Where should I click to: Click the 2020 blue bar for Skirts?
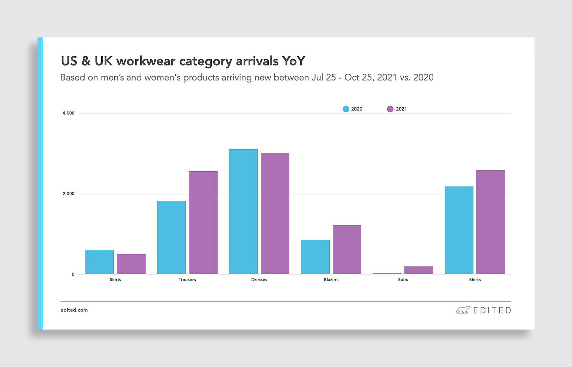tap(100, 262)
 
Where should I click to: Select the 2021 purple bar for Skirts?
tap(131, 264)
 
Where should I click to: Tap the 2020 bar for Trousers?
tap(171, 237)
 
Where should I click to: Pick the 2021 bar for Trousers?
tap(203, 222)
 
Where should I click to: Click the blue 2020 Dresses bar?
tap(243, 212)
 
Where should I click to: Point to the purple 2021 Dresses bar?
tap(275, 213)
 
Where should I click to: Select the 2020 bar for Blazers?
tap(315, 257)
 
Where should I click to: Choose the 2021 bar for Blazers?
tap(347, 249)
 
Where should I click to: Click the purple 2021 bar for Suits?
tap(419, 270)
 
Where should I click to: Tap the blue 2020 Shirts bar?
tap(459, 230)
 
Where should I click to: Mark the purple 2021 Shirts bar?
tap(491, 222)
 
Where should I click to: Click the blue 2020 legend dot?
tap(346, 109)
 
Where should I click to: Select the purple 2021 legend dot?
tap(390, 109)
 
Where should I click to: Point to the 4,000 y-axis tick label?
tap(69, 113)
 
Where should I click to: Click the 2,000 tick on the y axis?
tap(69, 194)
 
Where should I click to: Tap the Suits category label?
tap(403, 280)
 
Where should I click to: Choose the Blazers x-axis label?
tap(331, 280)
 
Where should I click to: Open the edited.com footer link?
tap(74, 310)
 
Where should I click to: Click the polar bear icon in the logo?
tap(463, 310)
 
